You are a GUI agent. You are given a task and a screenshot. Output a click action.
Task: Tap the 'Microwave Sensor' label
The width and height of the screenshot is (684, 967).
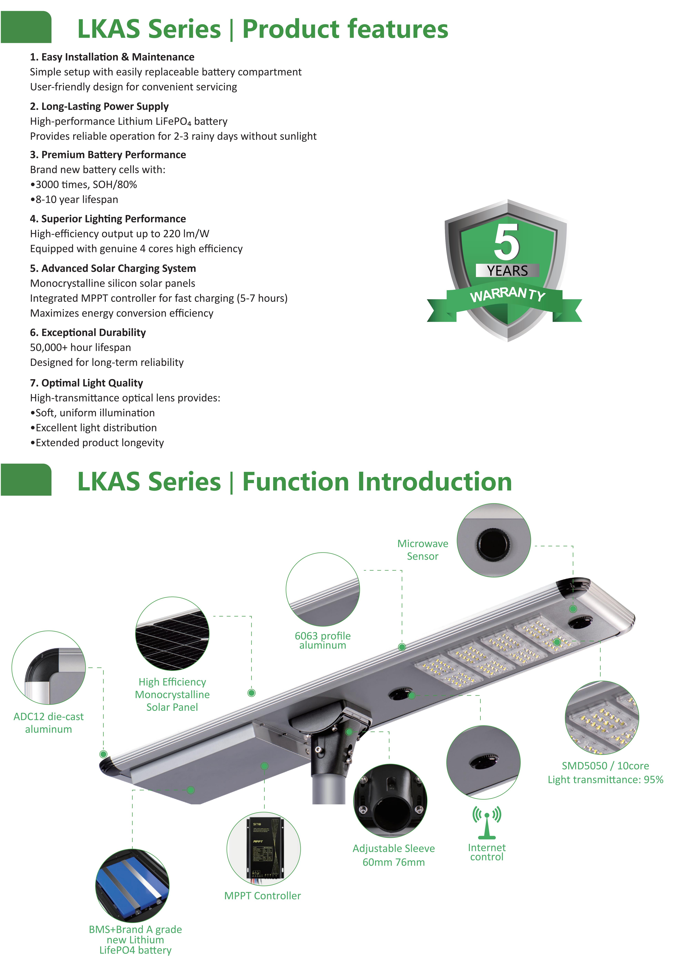(x=423, y=550)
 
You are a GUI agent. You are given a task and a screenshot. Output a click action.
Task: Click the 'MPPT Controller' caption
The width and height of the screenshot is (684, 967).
(x=263, y=895)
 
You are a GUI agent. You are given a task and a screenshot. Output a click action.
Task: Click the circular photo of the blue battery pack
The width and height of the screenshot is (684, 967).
(x=132, y=886)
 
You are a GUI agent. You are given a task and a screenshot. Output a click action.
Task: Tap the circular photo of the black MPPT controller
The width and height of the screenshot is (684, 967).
(x=263, y=849)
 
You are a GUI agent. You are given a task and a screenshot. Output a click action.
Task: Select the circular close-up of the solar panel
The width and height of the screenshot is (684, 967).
(x=172, y=633)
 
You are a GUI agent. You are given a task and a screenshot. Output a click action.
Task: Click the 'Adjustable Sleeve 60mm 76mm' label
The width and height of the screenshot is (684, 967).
(x=394, y=855)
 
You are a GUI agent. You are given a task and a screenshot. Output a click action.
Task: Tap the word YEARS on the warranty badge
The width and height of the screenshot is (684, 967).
(x=507, y=271)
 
